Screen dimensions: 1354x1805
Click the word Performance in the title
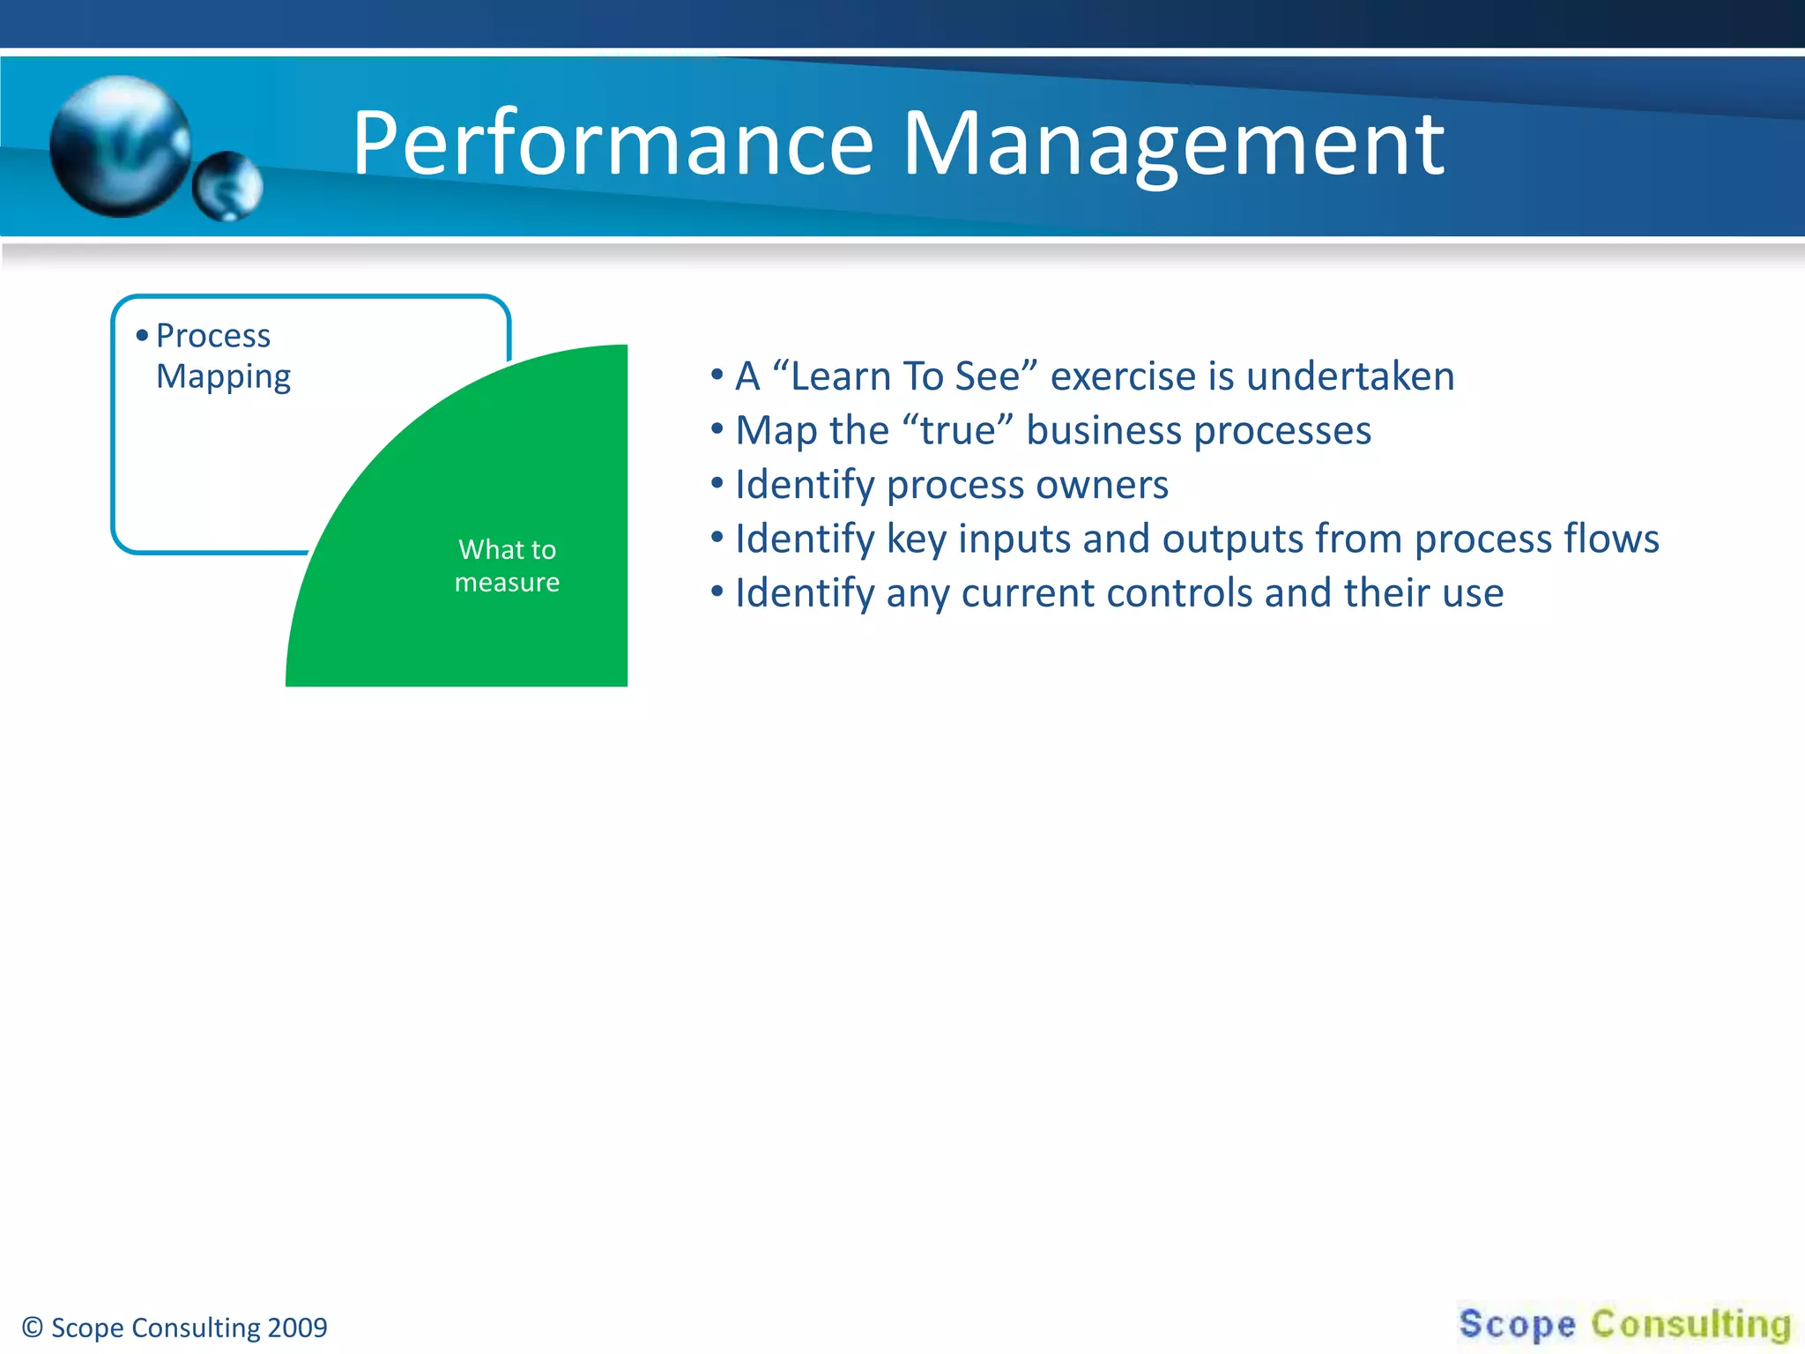613,144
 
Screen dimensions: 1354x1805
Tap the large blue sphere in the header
121,145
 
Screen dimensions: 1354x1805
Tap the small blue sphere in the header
227,186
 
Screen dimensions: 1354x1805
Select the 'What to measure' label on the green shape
507,566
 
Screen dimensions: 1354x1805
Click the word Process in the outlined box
213,336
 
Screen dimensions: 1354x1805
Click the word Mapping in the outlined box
223,377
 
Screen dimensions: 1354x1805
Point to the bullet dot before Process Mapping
142,336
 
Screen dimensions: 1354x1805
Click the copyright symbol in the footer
33,1328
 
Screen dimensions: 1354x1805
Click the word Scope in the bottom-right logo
1517,1324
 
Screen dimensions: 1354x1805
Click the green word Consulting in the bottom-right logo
1690,1324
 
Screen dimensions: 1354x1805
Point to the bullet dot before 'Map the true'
717,430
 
